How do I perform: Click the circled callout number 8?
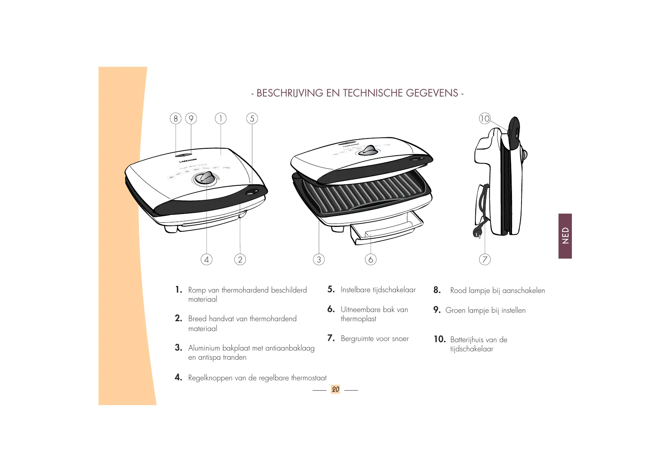[x=176, y=119]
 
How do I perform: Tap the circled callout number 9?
[x=191, y=119]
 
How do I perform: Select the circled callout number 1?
[x=221, y=119]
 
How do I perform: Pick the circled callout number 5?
[x=252, y=119]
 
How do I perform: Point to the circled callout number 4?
[x=207, y=260]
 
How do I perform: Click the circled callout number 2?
[x=240, y=260]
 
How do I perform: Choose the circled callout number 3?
[x=319, y=260]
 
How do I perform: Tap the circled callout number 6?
[x=370, y=260]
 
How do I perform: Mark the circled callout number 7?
[x=484, y=260]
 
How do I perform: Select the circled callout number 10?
[x=484, y=119]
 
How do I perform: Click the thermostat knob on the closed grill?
[x=206, y=178]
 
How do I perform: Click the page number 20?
[x=335, y=389]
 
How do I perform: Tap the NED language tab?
[x=565, y=236]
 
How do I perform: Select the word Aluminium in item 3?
[x=204, y=348]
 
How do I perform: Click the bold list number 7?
[x=331, y=338]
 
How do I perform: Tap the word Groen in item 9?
[x=455, y=311]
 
